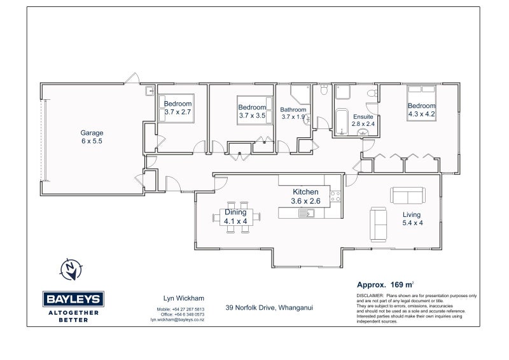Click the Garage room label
pyautogui.click(x=92, y=137)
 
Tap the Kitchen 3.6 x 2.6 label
pyautogui.click(x=305, y=197)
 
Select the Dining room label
pyautogui.click(x=235, y=216)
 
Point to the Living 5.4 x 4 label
pyautogui.click(x=412, y=218)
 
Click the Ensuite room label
pyautogui.click(x=363, y=120)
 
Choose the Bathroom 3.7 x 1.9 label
pyautogui.click(x=293, y=113)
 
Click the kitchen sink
pyautogui.click(x=306, y=213)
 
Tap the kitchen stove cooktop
pyautogui.click(x=335, y=196)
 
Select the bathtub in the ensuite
pyautogui.click(x=342, y=121)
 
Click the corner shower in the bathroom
pyautogui.click(x=300, y=93)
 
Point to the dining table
pyautogui.click(x=236, y=217)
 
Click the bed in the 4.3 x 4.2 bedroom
pyautogui.click(x=421, y=103)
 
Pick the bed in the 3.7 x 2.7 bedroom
pyautogui.click(x=176, y=108)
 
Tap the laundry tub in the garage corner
pyautogui.click(x=150, y=91)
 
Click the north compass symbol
pyautogui.click(x=71, y=270)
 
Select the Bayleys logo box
pyautogui.click(x=73, y=299)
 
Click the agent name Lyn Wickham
pyautogui.click(x=184, y=298)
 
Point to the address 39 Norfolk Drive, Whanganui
pyautogui.click(x=269, y=307)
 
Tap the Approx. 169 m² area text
pyautogui.click(x=386, y=285)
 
